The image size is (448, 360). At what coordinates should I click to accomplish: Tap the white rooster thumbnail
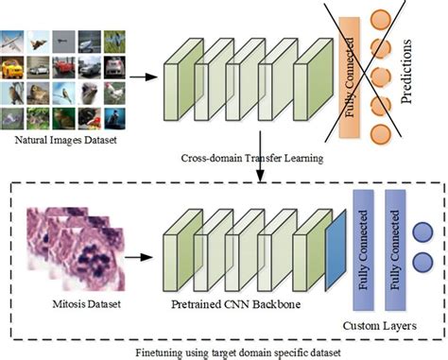coord(114,94)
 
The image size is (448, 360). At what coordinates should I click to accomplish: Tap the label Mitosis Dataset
coord(73,304)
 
